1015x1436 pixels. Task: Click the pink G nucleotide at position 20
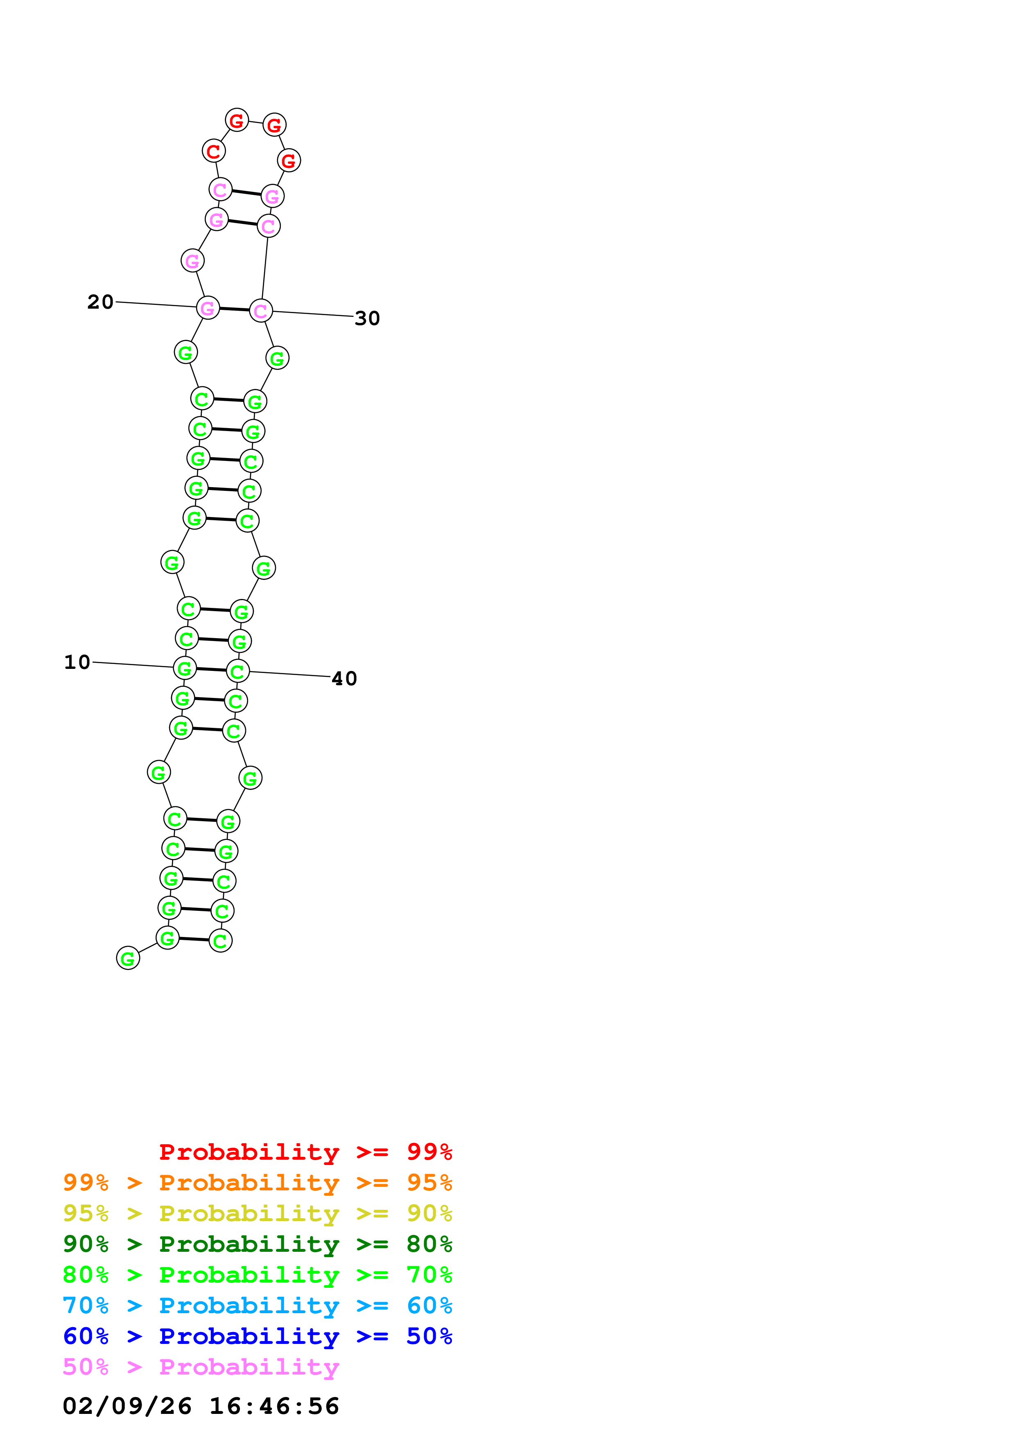[x=208, y=308]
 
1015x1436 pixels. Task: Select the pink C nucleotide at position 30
[x=261, y=311]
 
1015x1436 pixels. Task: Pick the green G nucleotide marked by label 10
[x=185, y=668]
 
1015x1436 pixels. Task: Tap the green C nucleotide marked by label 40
[x=237, y=671]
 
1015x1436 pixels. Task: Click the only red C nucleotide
[x=214, y=151]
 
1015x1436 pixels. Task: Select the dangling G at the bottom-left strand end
[x=128, y=958]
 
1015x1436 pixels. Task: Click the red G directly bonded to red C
[x=236, y=120]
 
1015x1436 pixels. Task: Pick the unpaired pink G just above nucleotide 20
[x=192, y=261]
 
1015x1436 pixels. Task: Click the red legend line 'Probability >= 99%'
[x=305, y=1152]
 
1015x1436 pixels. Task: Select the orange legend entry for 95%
[x=257, y=1182]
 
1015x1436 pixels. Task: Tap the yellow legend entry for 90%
[x=257, y=1213]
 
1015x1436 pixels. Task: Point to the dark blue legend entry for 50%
[x=257, y=1336]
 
